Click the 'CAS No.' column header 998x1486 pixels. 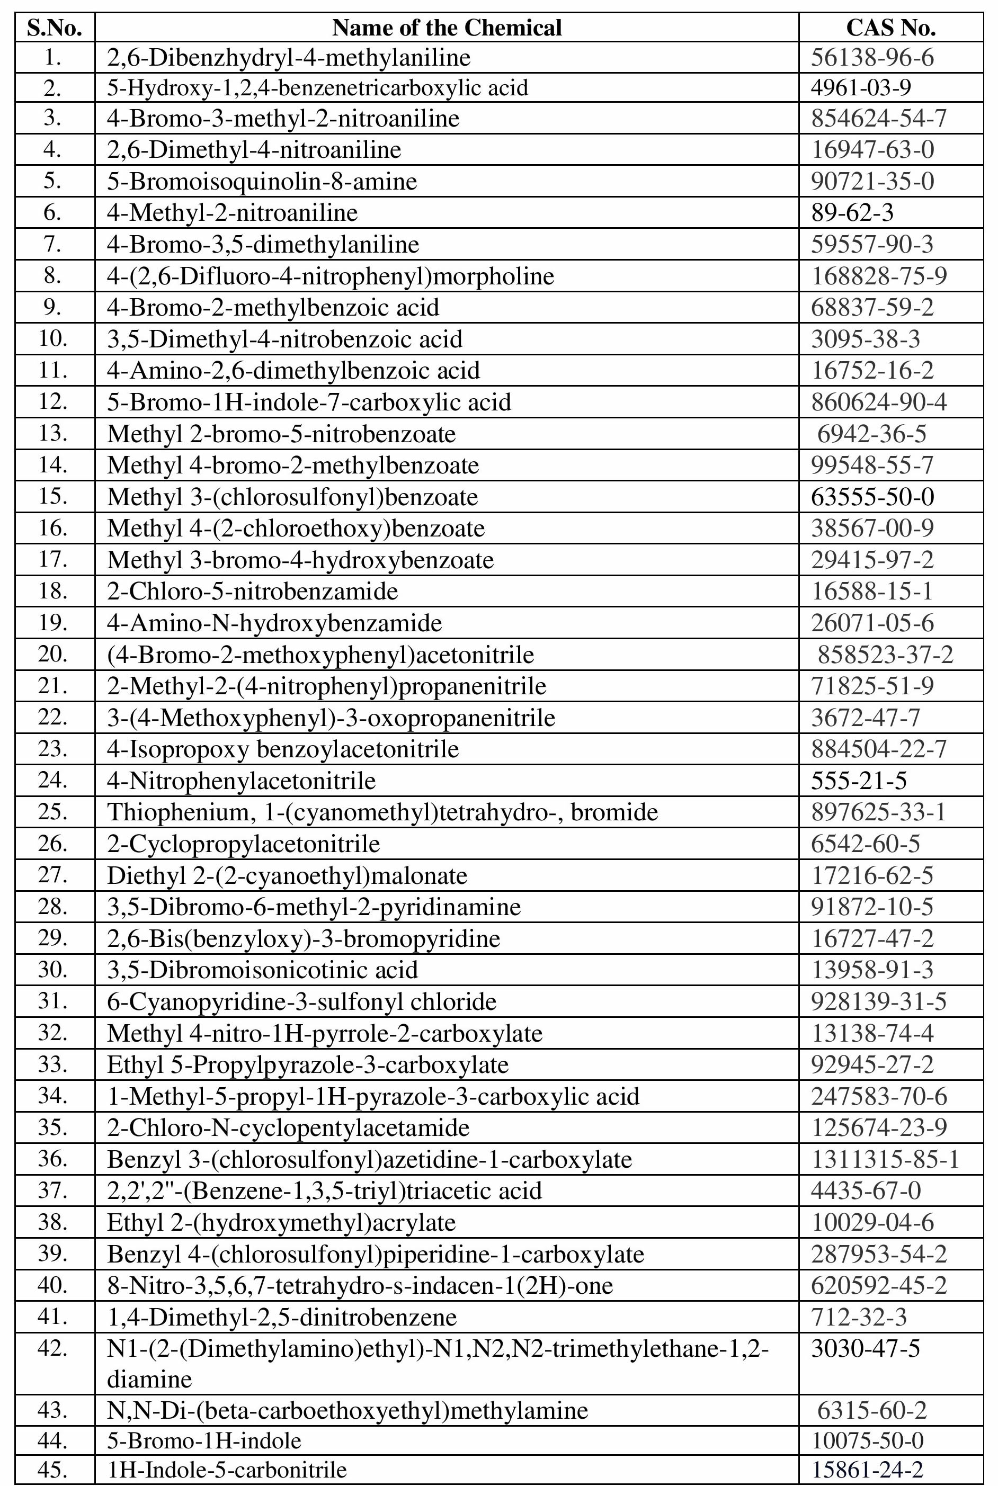[890, 28]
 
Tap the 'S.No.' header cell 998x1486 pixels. [55, 28]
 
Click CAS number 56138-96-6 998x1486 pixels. [872, 58]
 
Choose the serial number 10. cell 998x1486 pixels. [54, 338]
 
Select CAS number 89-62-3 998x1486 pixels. [852, 212]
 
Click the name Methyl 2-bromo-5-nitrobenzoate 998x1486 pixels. [281, 434]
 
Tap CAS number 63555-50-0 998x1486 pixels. [872, 497]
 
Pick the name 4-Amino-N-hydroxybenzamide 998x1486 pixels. [274, 623]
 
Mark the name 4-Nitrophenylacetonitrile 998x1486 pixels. [241, 781]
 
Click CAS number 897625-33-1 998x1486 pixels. [878, 812]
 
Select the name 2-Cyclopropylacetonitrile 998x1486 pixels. [243, 844]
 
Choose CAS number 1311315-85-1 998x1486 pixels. [885, 1160]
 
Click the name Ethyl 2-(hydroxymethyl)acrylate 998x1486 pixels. [281, 1223]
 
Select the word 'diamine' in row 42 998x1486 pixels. [149, 1379]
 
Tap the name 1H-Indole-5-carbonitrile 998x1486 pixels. [227, 1470]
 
